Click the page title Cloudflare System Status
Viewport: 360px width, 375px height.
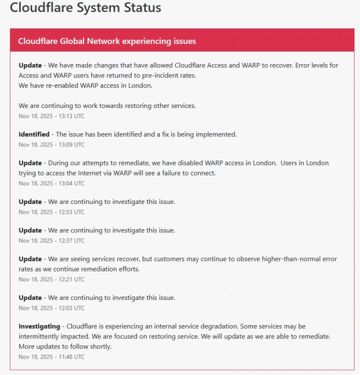[x=86, y=8]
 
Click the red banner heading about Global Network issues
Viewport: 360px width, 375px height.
[x=107, y=41]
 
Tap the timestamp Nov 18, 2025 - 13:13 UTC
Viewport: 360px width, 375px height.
[x=52, y=116]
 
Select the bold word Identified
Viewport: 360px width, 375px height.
[x=34, y=134]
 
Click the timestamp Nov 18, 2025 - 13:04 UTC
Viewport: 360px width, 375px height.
[x=52, y=184]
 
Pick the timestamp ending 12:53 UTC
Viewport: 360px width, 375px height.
[x=52, y=212]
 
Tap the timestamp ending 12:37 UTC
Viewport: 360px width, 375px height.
[x=52, y=241]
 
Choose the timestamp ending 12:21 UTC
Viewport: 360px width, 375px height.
[x=52, y=279]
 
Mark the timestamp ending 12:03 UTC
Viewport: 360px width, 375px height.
[x=52, y=308]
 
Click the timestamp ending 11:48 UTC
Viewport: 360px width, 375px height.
[x=52, y=356]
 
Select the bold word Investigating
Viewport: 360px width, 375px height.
[x=40, y=326]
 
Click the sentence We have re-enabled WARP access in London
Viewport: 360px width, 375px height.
[x=85, y=86]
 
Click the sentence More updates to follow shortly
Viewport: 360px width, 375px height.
[x=65, y=346]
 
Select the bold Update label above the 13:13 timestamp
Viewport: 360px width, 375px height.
[x=30, y=65]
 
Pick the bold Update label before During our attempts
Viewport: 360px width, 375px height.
[x=30, y=163]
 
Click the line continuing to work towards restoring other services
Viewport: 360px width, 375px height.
[x=107, y=106]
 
